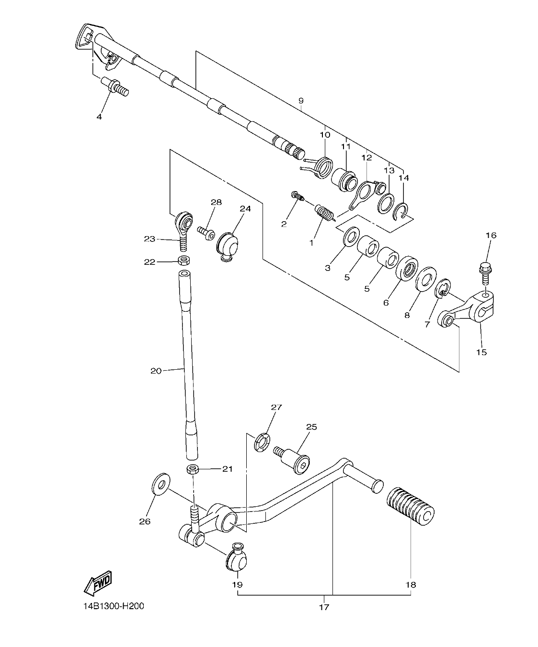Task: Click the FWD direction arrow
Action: click(x=98, y=582)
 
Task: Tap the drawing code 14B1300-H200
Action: click(x=113, y=606)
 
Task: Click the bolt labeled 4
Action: click(x=116, y=89)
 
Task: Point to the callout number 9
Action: click(x=301, y=101)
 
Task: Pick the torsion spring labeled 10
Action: click(x=322, y=166)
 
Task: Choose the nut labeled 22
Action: click(x=183, y=261)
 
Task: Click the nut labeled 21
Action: click(x=193, y=468)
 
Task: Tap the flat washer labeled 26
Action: click(x=160, y=485)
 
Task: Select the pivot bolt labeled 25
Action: click(x=293, y=459)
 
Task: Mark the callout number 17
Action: click(x=324, y=607)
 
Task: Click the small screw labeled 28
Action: click(x=206, y=232)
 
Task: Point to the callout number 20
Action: click(x=156, y=370)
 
